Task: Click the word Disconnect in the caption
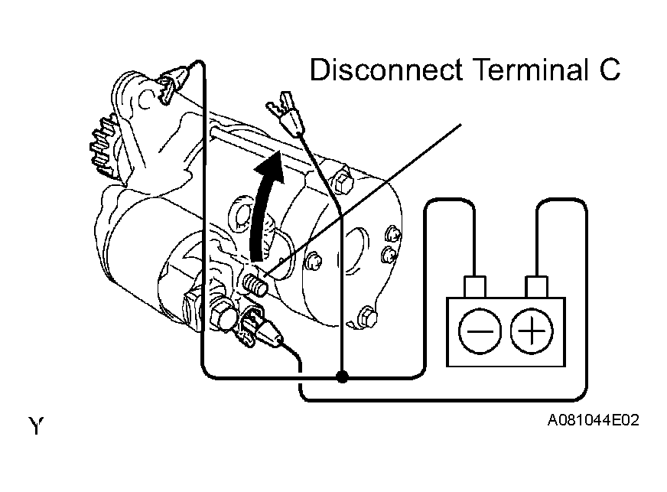pos(386,70)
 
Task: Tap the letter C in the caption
pos(610,70)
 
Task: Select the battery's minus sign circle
pos(480,331)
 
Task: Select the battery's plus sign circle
pos(532,331)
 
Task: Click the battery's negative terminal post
pos(475,286)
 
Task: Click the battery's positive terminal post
pos(536,286)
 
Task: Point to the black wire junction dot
pos(342,376)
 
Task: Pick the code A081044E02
pos(593,420)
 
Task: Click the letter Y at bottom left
pos(36,425)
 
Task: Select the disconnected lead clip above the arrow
pos(284,113)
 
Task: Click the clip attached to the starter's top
pos(174,83)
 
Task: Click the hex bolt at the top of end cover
pos(343,182)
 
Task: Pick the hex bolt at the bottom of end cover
pos(366,317)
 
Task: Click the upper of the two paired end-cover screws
pos(392,235)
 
